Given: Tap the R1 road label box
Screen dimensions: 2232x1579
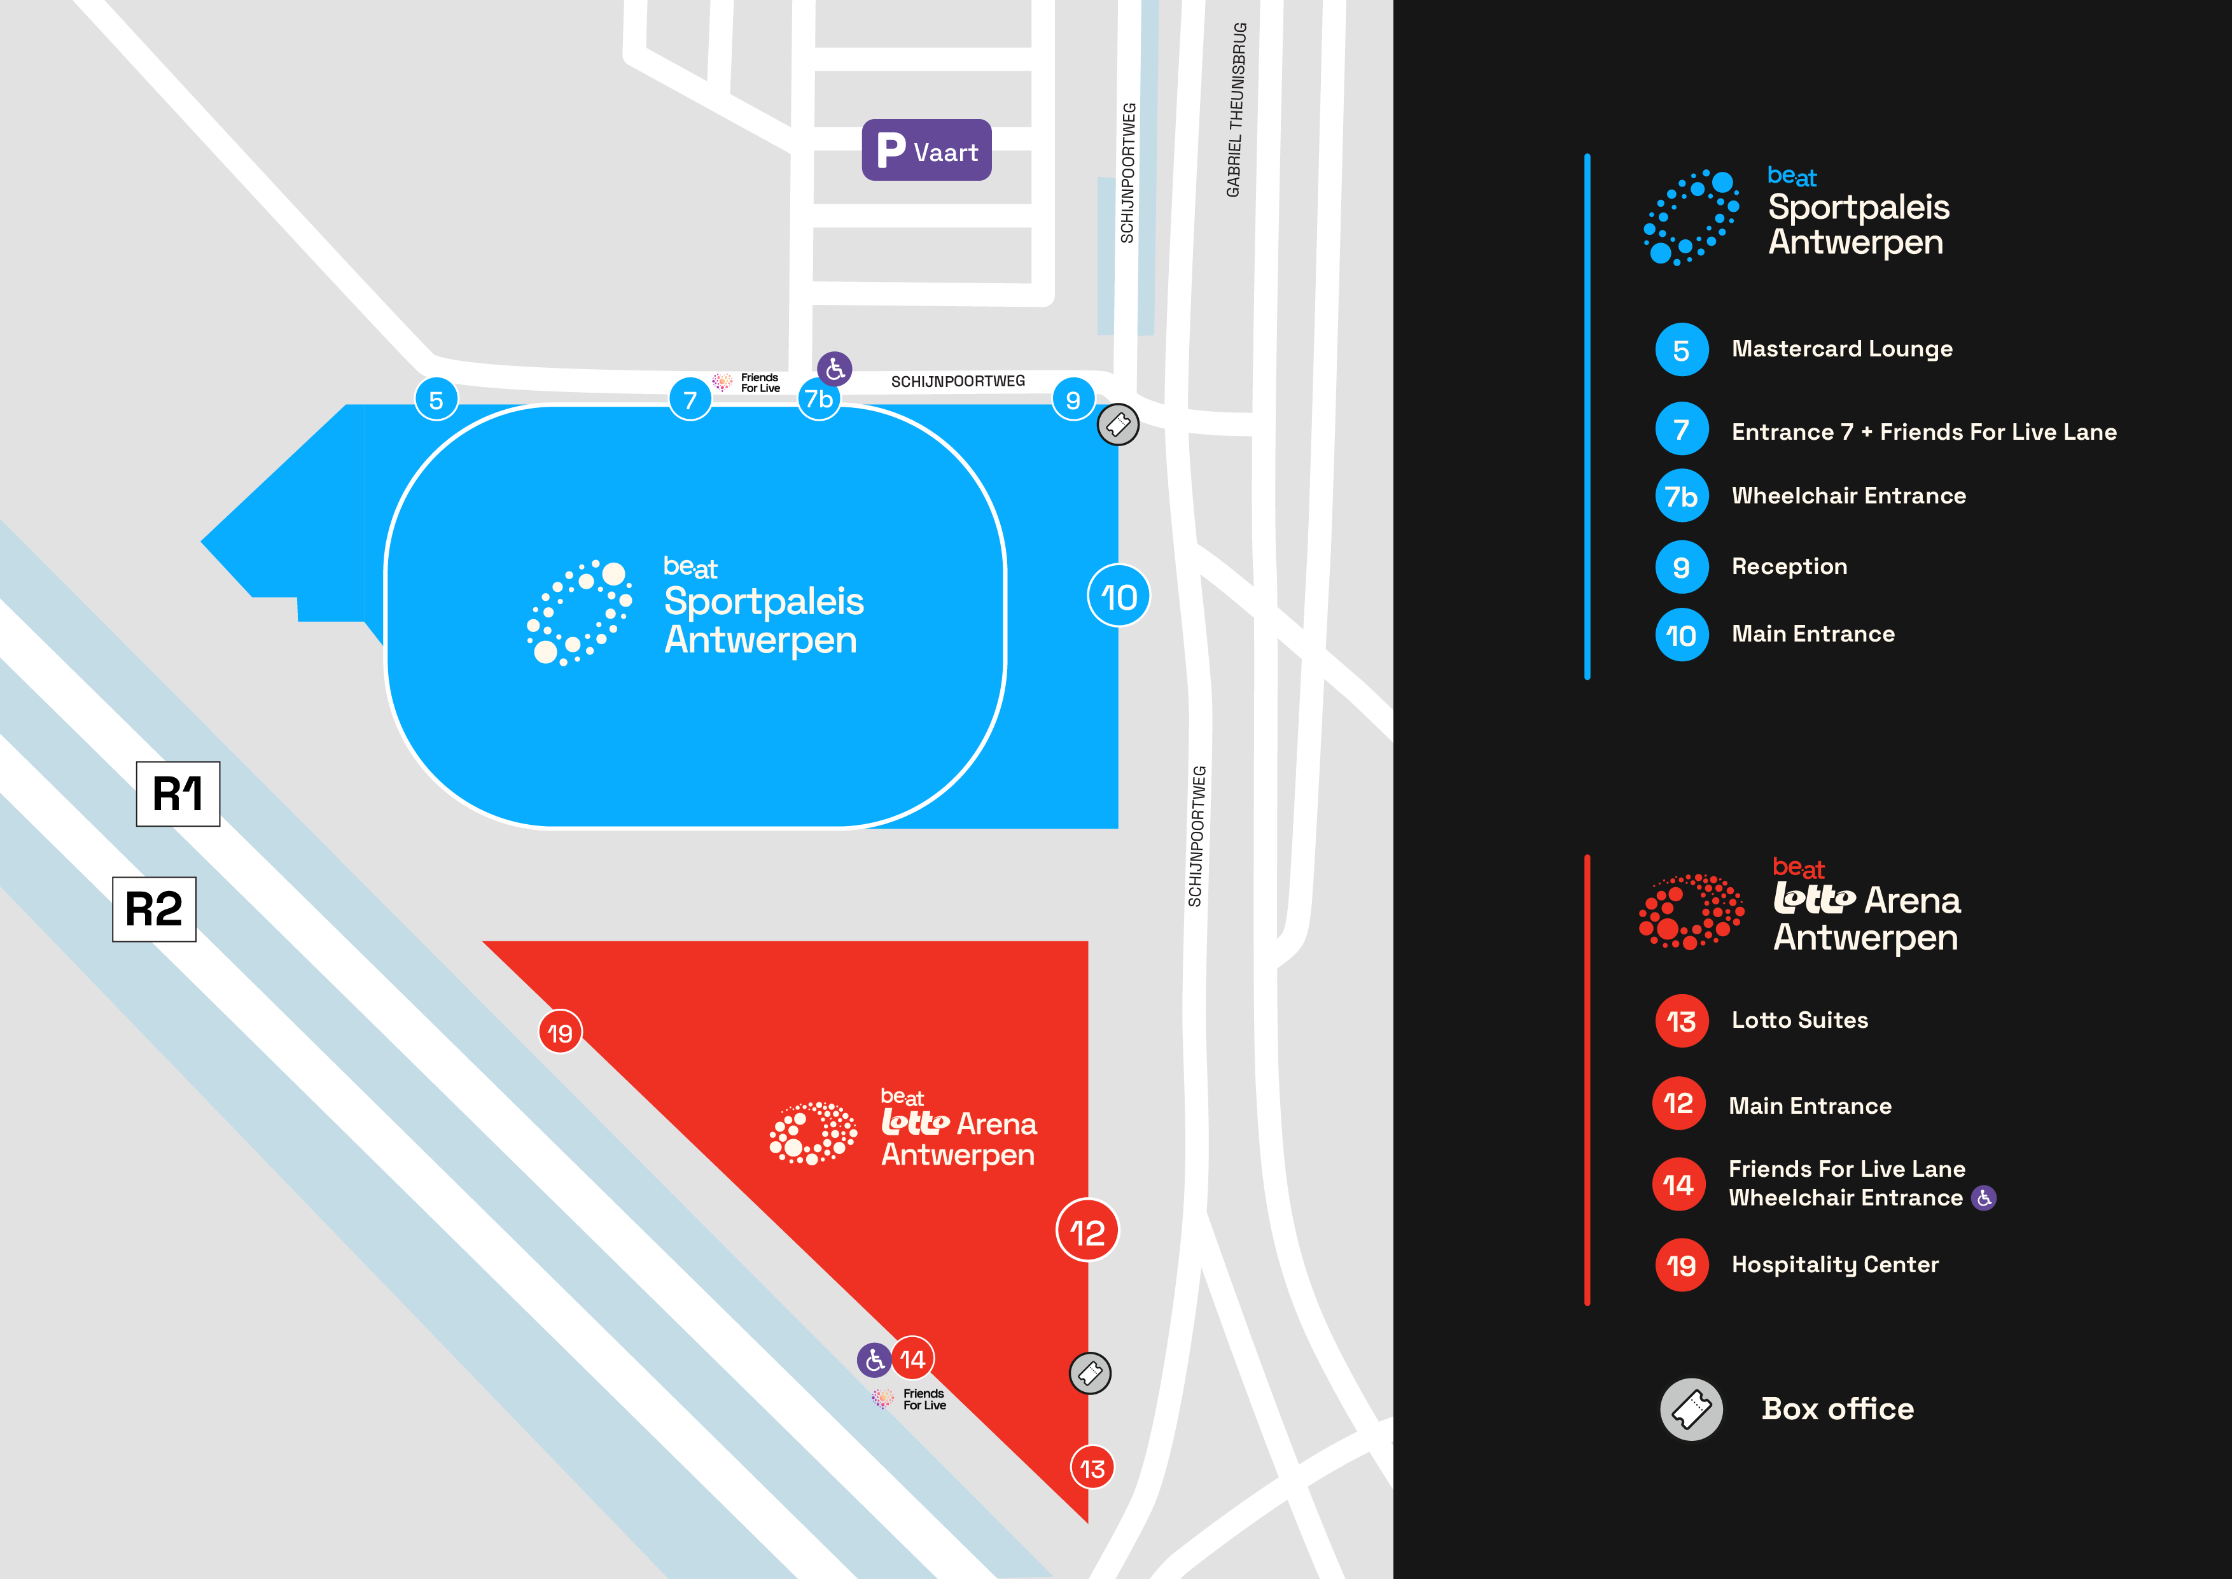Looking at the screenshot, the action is coord(178,794).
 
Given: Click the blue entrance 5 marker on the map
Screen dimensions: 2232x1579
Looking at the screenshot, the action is coord(436,400).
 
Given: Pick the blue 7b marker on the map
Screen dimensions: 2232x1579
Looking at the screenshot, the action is coord(818,400).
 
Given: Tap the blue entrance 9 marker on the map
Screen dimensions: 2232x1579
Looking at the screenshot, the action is coord(1073,400).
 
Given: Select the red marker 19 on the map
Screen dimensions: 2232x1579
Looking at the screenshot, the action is coord(560,1032).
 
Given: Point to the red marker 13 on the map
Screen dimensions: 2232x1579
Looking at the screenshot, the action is coord(1092,1468).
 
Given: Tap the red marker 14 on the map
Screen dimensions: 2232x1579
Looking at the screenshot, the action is coord(912,1359).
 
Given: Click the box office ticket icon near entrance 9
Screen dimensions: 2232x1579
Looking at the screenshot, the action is coord(1118,425).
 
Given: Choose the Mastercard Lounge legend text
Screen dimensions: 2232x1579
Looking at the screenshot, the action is coord(1841,349).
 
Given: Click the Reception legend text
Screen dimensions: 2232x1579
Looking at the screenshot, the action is coord(1789,567).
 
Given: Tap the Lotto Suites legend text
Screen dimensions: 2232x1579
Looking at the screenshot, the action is coord(1799,1020).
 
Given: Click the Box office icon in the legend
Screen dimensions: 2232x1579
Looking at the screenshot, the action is coord(1691,1409).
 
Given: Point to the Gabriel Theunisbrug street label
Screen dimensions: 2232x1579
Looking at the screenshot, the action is coord(1236,110).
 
